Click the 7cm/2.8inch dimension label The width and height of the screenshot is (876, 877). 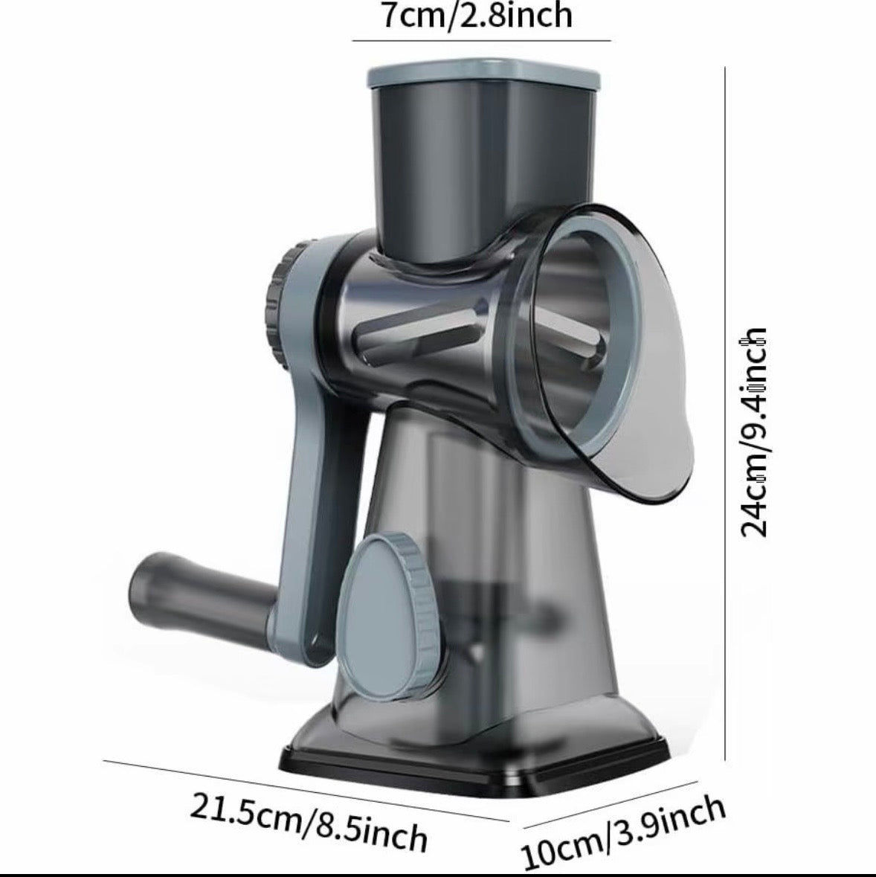coord(476,15)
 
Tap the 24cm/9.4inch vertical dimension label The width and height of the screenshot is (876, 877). coord(753,432)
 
